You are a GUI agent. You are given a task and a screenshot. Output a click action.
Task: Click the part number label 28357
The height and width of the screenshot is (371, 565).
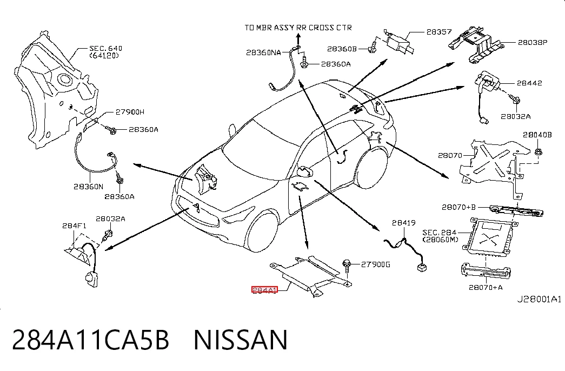439,32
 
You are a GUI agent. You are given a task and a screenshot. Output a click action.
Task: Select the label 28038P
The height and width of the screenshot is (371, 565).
533,42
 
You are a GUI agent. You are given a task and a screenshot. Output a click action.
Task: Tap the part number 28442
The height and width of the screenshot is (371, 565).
529,83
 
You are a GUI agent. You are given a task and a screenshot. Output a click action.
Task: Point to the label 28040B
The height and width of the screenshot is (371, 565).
537,135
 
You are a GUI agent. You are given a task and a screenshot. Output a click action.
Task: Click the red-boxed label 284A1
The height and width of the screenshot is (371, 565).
264,290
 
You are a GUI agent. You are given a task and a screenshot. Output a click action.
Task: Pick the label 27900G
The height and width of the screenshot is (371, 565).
375,264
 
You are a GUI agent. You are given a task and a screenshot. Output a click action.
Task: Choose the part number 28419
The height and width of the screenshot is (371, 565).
403,223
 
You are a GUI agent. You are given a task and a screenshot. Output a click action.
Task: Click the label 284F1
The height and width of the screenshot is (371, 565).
74,226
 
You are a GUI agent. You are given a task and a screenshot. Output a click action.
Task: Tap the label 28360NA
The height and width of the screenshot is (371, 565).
263,52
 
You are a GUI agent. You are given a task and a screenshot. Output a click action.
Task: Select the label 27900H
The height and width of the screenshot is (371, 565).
130,112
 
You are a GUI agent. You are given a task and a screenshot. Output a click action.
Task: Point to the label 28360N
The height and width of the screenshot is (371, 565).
88,187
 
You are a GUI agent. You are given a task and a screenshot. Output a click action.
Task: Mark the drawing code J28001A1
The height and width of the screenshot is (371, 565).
539,299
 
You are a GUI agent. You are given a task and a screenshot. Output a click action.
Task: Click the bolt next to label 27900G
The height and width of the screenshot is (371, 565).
347,266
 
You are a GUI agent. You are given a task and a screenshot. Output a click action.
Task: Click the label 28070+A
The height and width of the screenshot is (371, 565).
486,287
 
